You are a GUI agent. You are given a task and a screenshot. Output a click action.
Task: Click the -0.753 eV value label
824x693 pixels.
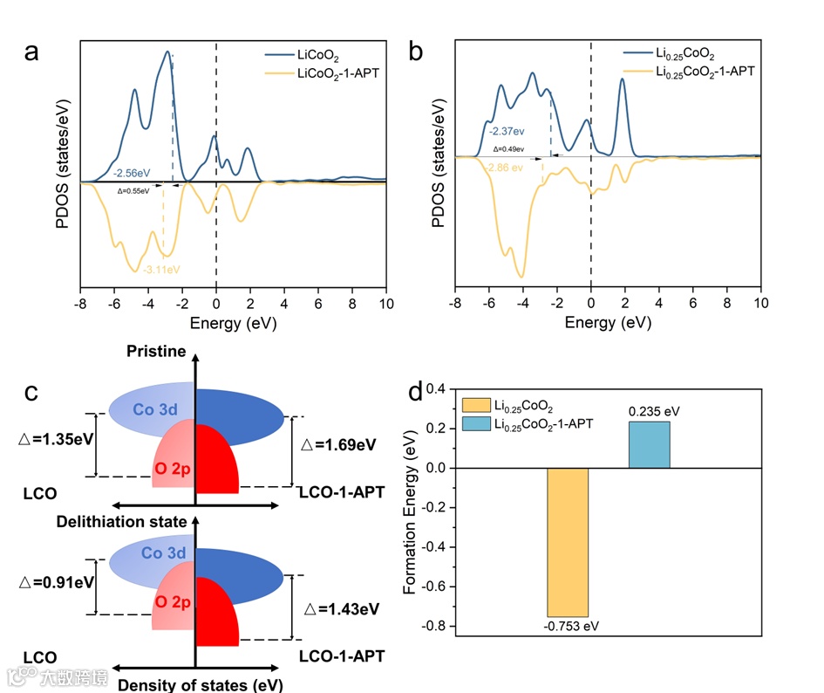click(569, 626)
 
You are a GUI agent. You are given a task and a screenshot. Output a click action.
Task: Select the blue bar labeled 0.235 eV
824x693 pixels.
click(649, 444)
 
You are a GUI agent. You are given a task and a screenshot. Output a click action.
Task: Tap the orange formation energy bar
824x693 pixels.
click(568, 542)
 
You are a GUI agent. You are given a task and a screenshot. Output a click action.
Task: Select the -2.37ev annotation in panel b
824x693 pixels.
click(507, 131)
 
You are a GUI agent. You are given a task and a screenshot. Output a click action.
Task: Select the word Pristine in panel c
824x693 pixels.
click(156, 351)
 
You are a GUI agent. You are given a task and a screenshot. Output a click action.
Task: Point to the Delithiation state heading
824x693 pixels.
click(121, 522)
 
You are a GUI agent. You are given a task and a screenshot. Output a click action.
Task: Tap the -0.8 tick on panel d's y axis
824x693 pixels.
click(436, 627)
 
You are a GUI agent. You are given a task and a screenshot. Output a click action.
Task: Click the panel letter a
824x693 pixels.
click(32, 52)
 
